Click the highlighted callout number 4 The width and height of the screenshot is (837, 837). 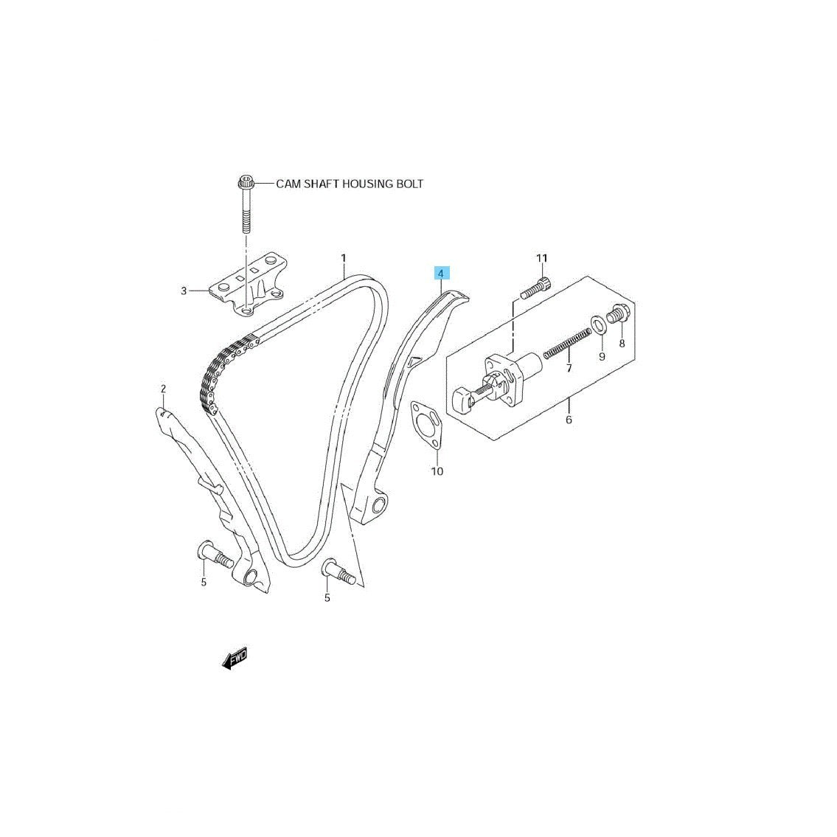[441, 274]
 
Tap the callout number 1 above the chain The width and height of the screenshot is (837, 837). [344, 258]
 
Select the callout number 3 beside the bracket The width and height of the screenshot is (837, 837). [184, 291]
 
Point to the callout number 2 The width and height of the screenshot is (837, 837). [163, 389]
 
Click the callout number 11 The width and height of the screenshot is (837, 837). [542, 258]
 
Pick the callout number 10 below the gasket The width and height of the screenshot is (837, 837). [437, 471]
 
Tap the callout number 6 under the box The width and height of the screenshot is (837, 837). [569, 420]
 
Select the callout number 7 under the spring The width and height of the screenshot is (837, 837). [569, 368]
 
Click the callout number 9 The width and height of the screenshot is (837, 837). [602, 357]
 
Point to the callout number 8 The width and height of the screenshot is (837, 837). [622, 344]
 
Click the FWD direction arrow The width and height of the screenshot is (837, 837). [235, 659]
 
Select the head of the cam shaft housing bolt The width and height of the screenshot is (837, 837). [246, 183]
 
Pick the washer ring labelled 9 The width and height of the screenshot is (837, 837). [598, 324]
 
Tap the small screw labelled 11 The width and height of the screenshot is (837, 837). [535, 289]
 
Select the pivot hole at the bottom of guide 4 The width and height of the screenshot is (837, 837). [380, 505]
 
